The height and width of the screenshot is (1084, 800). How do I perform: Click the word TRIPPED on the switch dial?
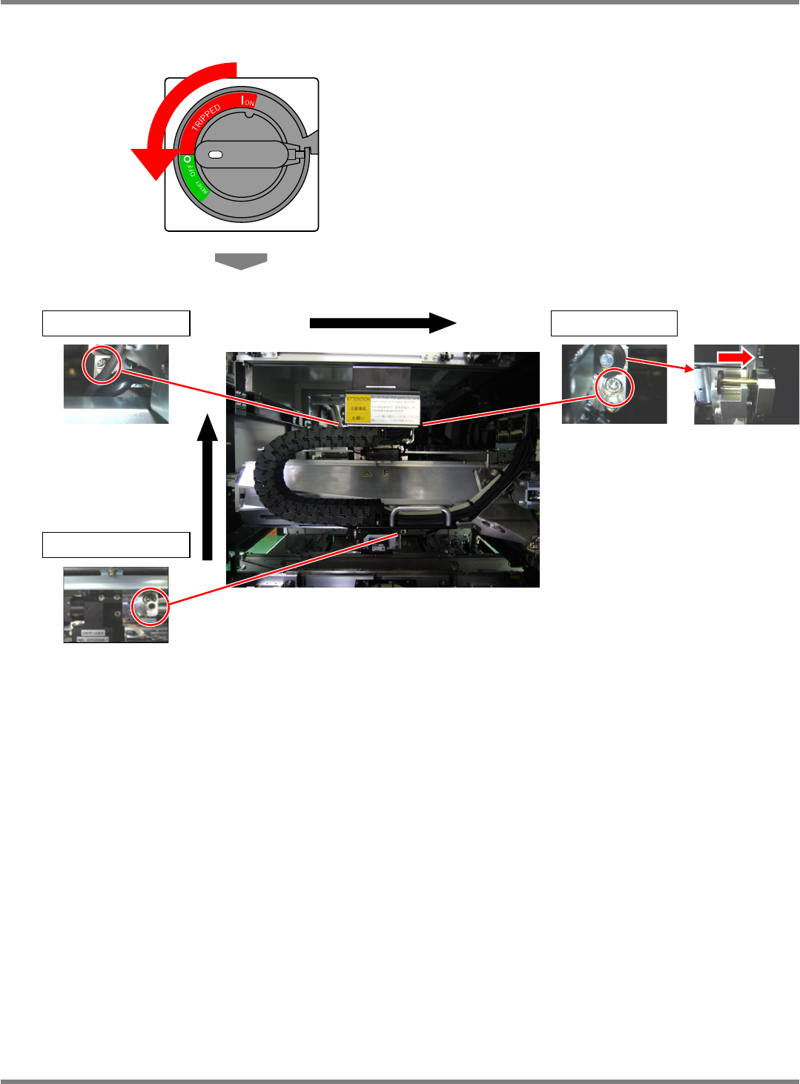click(x=206, y=117)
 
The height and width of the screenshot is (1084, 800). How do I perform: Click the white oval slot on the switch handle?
click(x=216, y=155)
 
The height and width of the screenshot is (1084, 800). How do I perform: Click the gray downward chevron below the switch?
click(x=241, y=261)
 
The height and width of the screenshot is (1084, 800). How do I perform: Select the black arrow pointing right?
click(x=382, y=322)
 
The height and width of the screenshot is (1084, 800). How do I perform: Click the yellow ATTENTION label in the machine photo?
click(x=358, y=408)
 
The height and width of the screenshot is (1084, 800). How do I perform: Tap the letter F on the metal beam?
click(x=386, y=472)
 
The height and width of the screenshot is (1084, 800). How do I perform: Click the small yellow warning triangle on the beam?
click(x=366, y=473)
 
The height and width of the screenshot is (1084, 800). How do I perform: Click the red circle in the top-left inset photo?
click(x=101, y=365)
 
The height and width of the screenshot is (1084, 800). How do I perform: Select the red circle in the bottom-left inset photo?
click(x=151, y=607)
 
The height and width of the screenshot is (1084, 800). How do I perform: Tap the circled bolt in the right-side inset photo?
click(x=615, y=386)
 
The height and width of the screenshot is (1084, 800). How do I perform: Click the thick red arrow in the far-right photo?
click(x=735, y=357)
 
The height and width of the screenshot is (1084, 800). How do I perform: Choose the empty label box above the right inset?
click(x=614, y=324)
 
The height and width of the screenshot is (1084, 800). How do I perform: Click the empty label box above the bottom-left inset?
click(x=116, y=545)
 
